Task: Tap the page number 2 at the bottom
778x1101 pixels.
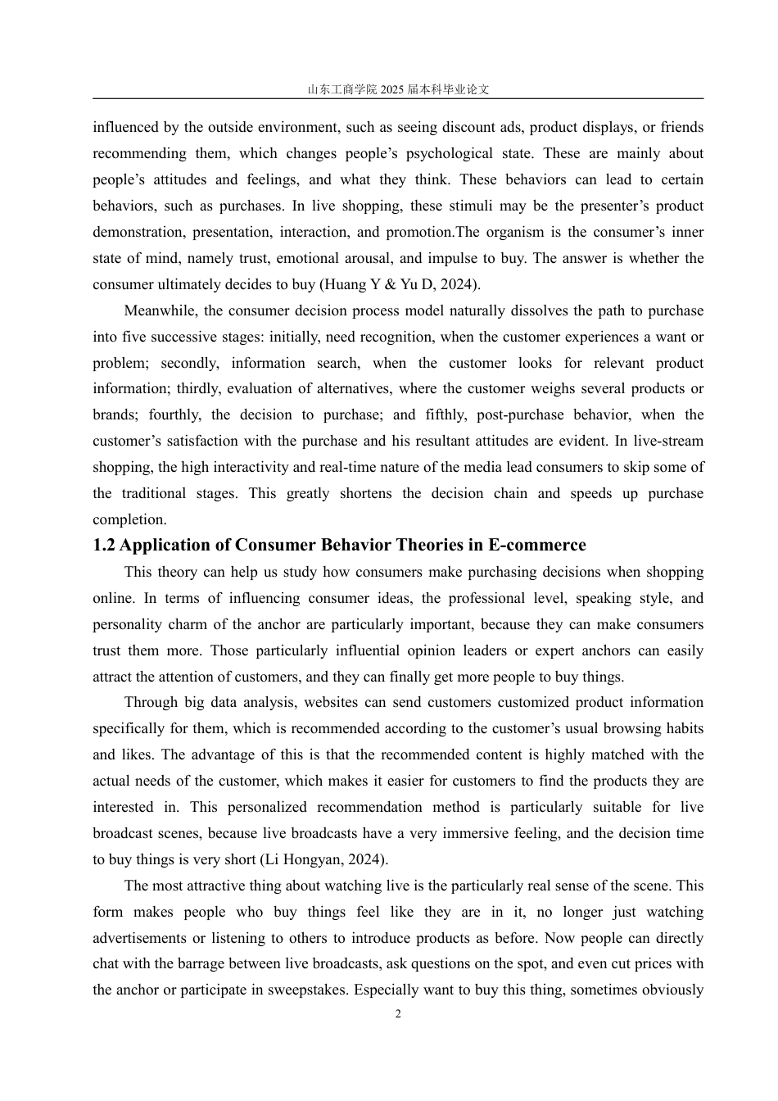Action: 398,1014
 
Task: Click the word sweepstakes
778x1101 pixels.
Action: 308,990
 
